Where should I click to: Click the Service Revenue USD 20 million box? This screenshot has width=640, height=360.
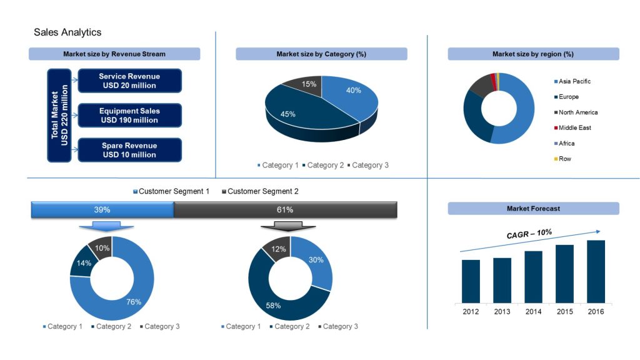pyautogui.click(x=129, y=81)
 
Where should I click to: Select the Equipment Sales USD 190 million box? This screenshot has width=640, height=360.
pyautogui.click(x=129, y=116)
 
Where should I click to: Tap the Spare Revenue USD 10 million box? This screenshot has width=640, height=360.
pyautogui.click(x=129, y=150)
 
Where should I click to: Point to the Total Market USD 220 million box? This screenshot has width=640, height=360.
pyautogui.click(x=59, y=116)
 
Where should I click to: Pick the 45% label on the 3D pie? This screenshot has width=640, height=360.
pyautogui.click(x=287, y=114)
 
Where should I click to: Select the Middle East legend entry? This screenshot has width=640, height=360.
pyautogui.click(x=574, y=128)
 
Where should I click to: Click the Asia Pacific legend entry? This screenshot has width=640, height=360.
pyautogui.click(x=574, y=81)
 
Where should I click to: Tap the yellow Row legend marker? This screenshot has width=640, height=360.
pyautogui.click(x=556, y=159)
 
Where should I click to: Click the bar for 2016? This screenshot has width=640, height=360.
pyautogui.click(x=596, y=271)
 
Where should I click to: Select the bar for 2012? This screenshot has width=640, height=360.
pyautogui.click(x=471, y=281)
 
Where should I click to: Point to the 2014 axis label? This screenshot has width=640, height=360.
pyautogui.click(x=533, y=311)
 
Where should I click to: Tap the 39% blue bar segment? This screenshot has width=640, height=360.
pyautogui.click(x=102, y=210)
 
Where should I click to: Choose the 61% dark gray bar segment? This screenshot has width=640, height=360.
pyautogui.click(x=285, y=210)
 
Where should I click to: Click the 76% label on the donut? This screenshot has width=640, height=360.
pyautogui.click(x=134, y=302)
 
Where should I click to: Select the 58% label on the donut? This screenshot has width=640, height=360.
pyautogui.click(x=272, y=306)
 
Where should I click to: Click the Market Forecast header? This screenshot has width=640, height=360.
pyautogui.click(x=533, y=209)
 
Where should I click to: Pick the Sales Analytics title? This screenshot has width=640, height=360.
pyautogui.click(x=67, y=32)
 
